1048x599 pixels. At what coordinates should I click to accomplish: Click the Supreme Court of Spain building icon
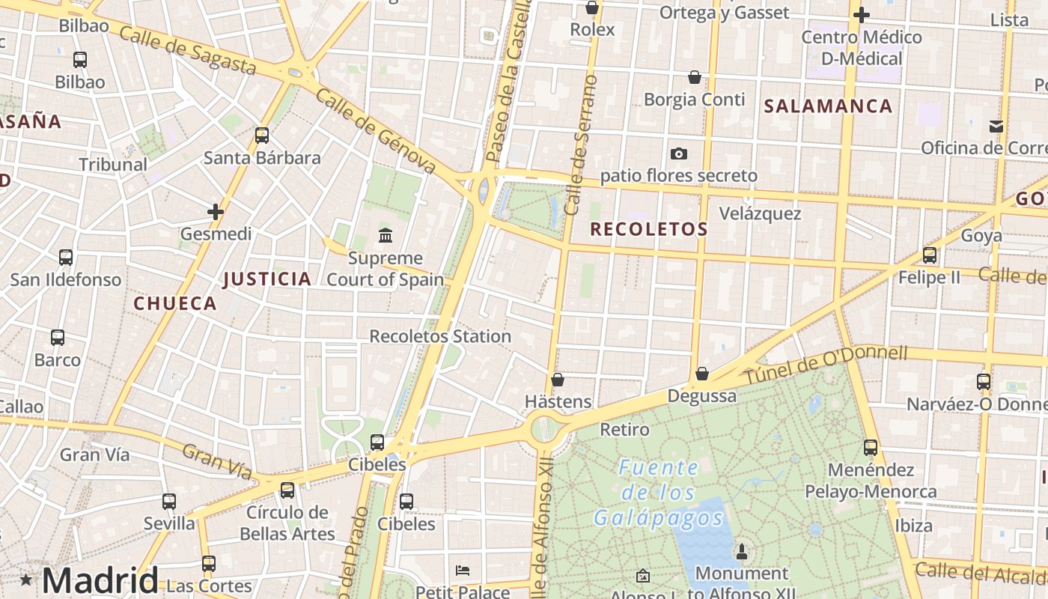click(x=386, y=236)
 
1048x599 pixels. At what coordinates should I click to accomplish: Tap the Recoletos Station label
click(x=440, y=336)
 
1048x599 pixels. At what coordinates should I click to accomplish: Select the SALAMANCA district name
click(x=828, y=106)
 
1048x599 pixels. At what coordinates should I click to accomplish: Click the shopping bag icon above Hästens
click(x=557, y=380)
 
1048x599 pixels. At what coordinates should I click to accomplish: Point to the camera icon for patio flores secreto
click(x=679, y=153)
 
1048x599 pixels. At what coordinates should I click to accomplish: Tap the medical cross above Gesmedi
click(x=216, y=212)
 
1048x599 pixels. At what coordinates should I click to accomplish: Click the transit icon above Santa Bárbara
click(x=262, y=136)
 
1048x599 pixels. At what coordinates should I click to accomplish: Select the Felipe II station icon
click(x=930, y=255)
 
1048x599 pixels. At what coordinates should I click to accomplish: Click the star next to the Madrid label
click(x=26, y=580)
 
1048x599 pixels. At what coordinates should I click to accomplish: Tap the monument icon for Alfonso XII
click(x=742, y=552)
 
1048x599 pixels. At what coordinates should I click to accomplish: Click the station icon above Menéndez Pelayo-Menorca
click(x=871, y=448)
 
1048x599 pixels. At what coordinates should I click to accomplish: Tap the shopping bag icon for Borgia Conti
click(x=695, y=77)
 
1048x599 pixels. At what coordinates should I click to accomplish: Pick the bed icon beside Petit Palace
click(x=463, y=571)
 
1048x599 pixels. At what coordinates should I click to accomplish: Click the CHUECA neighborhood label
click(x=175, y=303)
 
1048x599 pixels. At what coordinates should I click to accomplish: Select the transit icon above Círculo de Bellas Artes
click(x=287, y=490)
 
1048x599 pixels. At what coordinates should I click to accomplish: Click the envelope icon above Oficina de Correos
click(x=996, y=126)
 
